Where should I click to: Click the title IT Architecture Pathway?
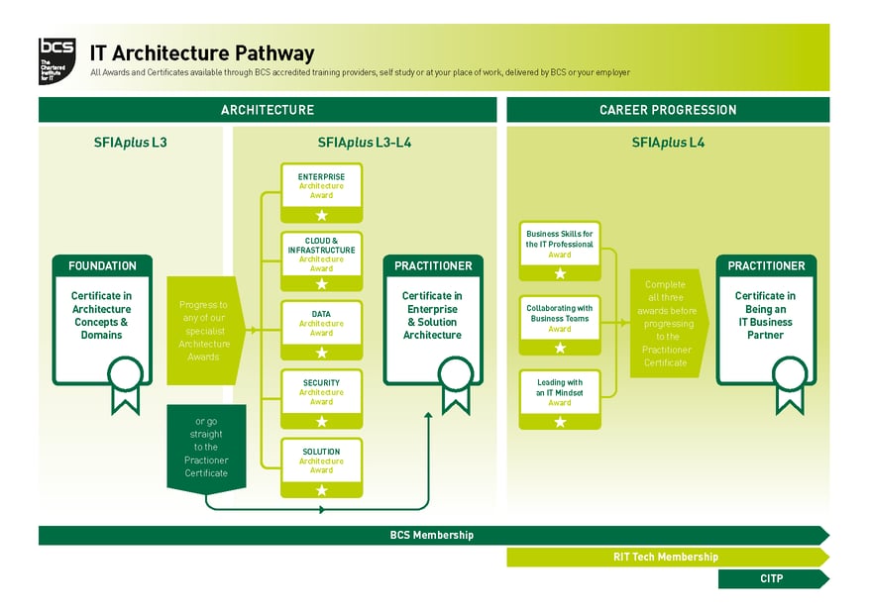pyautogui.click(x=202, y=53)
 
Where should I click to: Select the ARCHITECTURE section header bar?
pyautogui.click(x=267, y=110)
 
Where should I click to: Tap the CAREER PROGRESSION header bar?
pyautogui.click(x=668, y=110)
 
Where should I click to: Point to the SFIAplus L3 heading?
pyautogui.click(x=130, y=143)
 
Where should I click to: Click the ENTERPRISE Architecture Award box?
pyautogui.click(x=321, y=192)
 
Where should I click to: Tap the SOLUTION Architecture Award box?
pyautogui.click(x=321, y=466)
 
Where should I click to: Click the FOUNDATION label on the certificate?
pyautogui.click(x=102, y=265)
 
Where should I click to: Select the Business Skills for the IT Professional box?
pyautogui.click(x=560, y=250)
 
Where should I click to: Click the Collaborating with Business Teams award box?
pyautogui.click(x=560, y=324)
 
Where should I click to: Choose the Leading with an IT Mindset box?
pyautogui.click(x=560, y=398)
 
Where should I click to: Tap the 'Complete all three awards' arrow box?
pyautogui.click(x=667, y=324)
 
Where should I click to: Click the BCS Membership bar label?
pyautogui.click(x=431, y=535)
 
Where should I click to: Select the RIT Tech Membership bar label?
pyautogui.click(x=665, y=557)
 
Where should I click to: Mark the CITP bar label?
pyautogui.click(x=771, y=578)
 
